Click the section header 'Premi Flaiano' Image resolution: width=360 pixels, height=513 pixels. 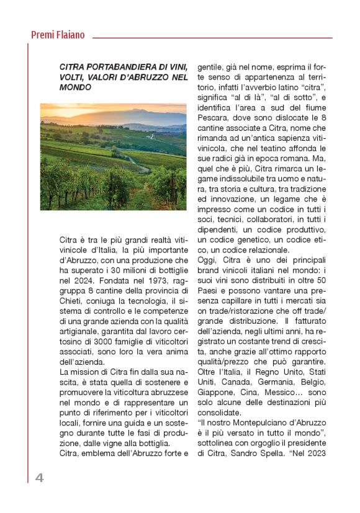pos(58,35)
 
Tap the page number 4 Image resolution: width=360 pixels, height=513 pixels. pos(39,478)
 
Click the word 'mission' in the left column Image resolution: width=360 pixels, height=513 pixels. pos(88,373)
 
